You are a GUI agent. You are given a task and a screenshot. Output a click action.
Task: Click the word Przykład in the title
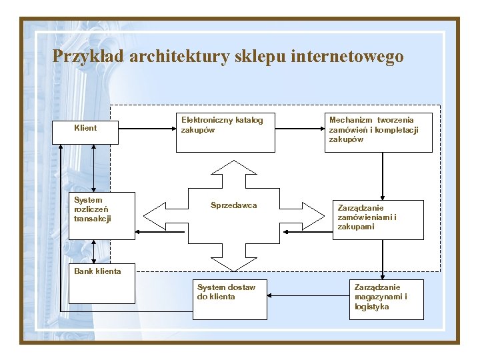[x=88, y=57]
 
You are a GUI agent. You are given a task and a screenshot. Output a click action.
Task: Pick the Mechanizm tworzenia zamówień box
[x=378, y=132]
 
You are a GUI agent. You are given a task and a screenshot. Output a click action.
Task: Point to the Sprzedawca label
[x=233, y=205]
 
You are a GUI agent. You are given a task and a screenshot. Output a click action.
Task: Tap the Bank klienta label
[x=98, y=271]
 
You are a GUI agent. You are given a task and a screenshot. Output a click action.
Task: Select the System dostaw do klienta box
[x=230, y=299]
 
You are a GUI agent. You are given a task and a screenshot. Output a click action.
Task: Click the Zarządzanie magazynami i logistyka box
[x=386, y=299]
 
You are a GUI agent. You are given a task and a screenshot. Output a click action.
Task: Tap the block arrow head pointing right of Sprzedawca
[x=313, y=215]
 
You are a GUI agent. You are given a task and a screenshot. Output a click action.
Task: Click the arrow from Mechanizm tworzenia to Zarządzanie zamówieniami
[x=383, y=176]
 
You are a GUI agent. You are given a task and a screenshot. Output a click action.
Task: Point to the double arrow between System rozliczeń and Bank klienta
[x=93, y=252]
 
